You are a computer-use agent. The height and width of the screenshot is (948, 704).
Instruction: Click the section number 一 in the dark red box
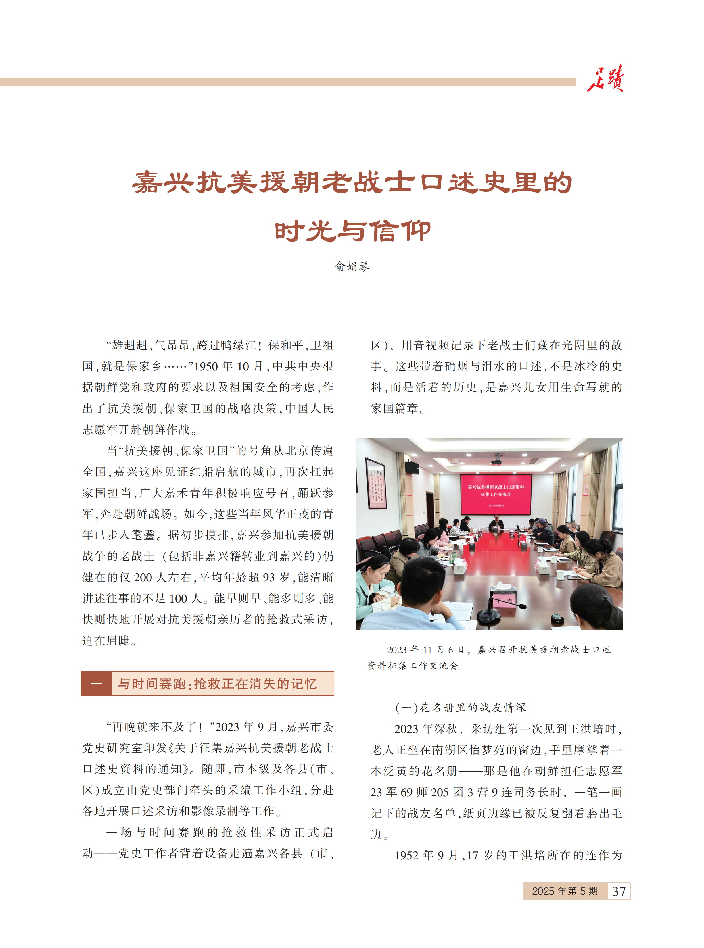click(96, 684)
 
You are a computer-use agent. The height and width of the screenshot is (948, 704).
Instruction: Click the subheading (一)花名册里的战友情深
click(461, 707)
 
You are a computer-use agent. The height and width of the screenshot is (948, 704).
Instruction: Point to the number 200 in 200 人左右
click(143, 578)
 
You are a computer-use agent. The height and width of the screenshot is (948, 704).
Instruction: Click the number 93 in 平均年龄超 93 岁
click(268, 578)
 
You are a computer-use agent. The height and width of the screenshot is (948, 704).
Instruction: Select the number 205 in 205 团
click(440, 792)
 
